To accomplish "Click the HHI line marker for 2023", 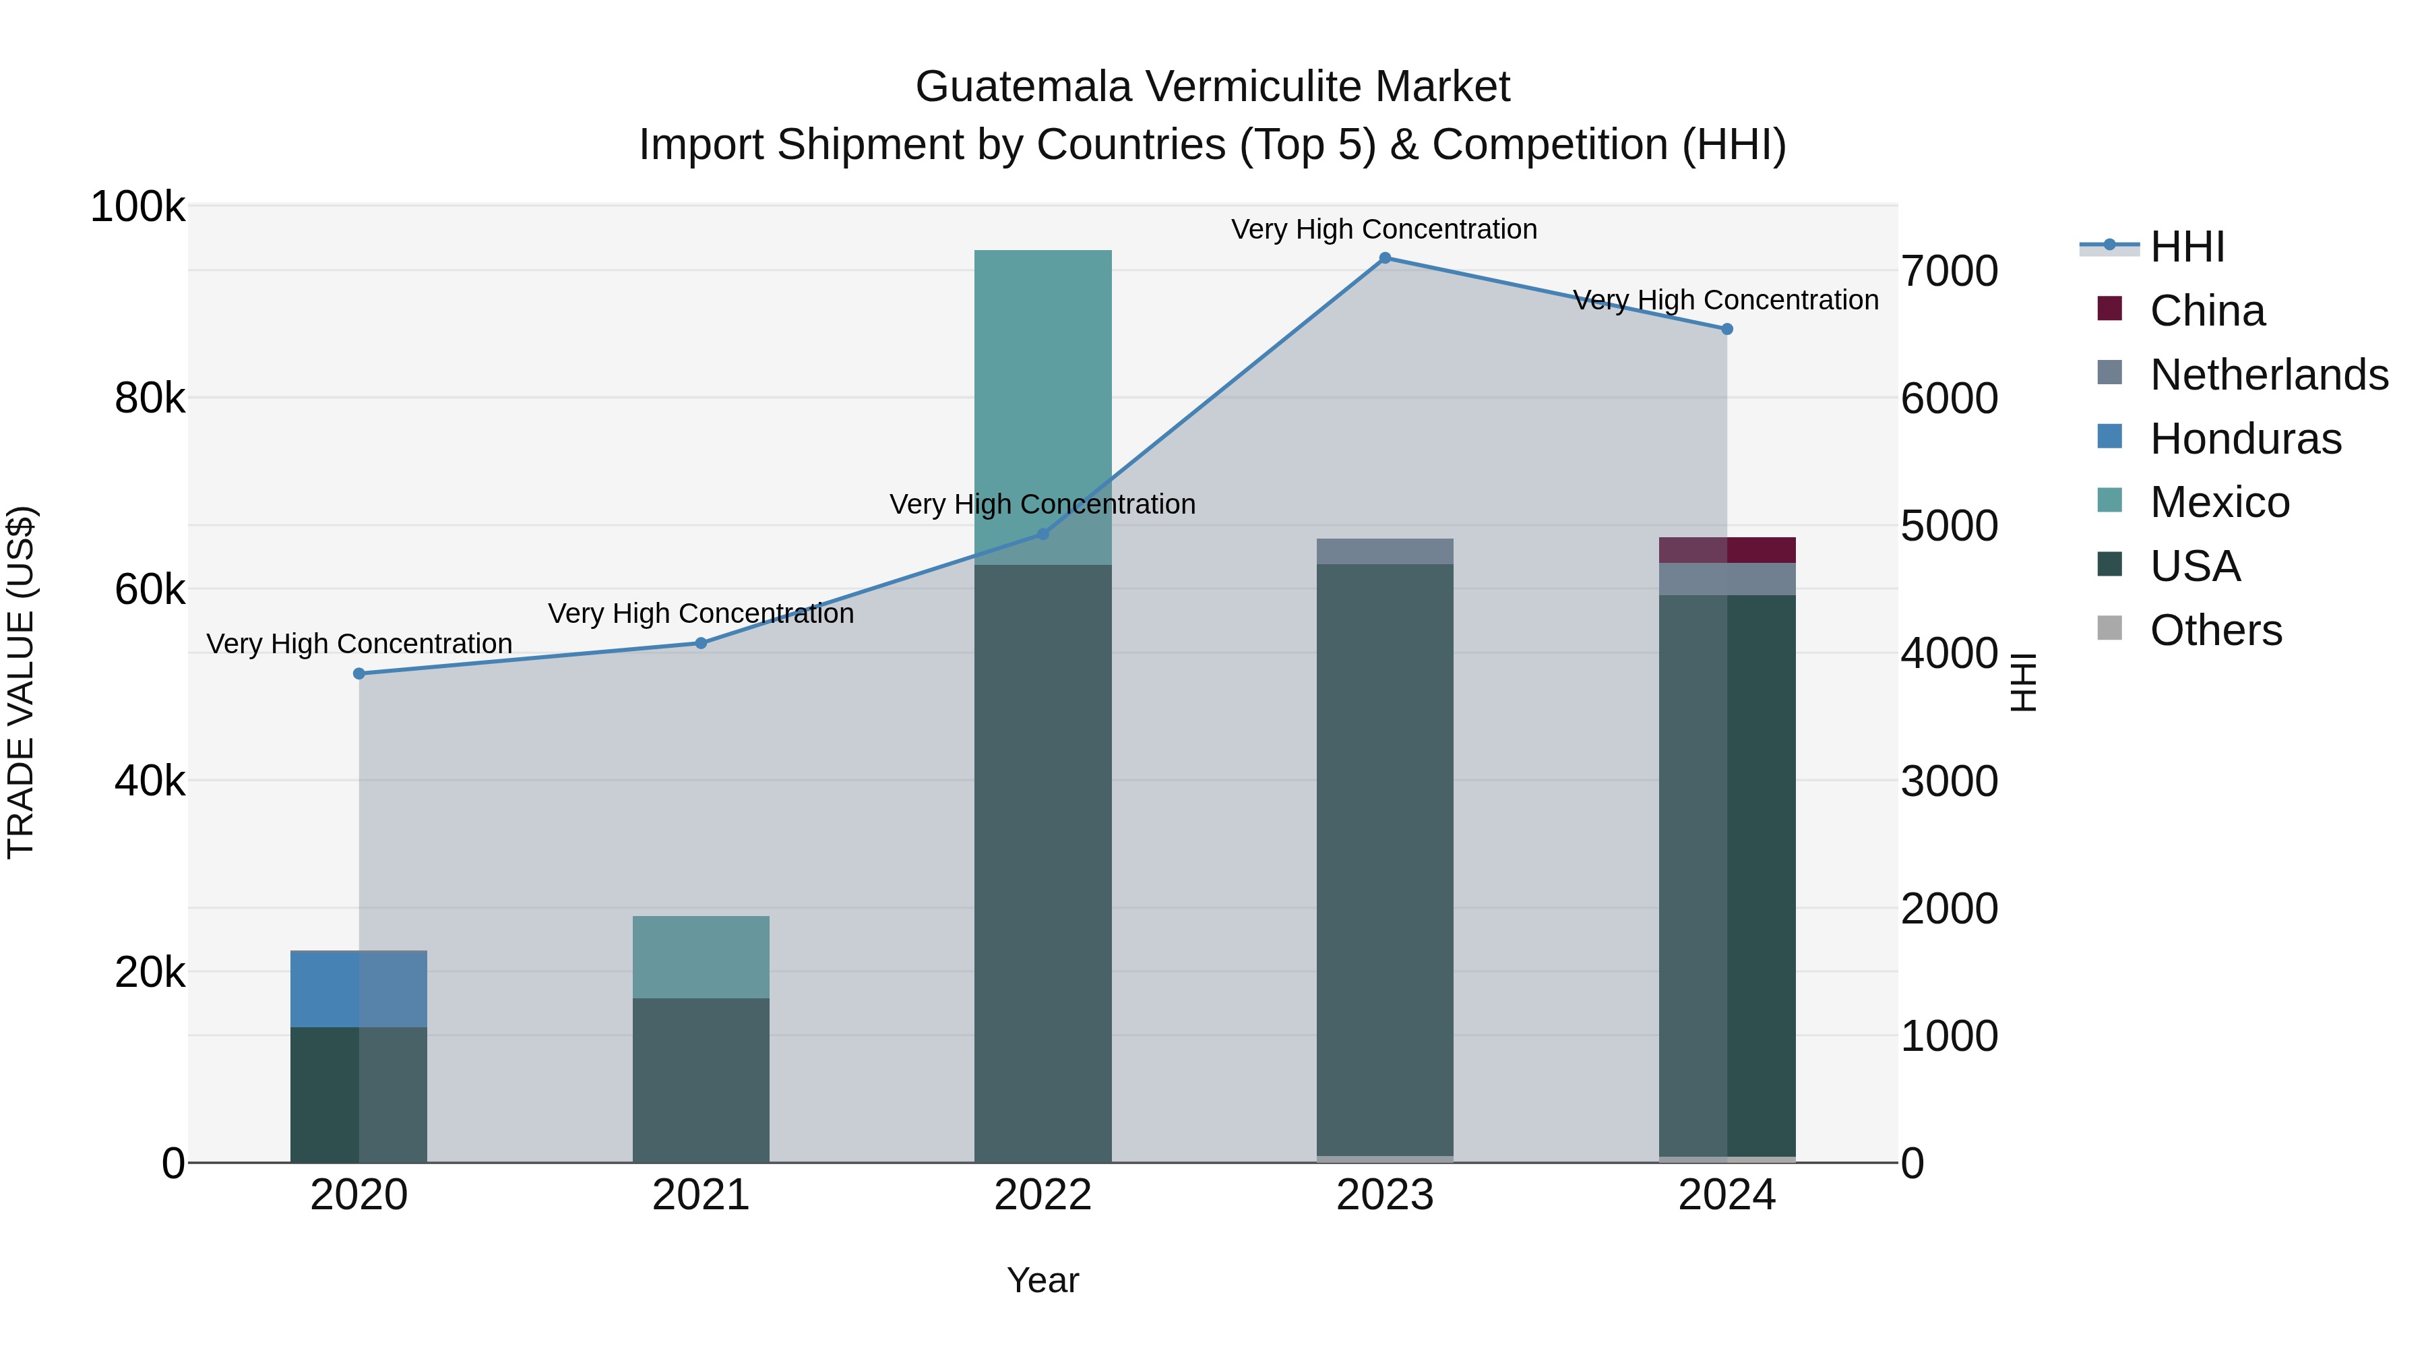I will click(1384, 258).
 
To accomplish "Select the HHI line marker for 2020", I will click(359, 673).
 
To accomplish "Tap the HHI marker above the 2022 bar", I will click(1043, 534).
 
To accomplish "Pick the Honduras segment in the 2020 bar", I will click(359, 989).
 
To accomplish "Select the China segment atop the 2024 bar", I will click(1727, 550).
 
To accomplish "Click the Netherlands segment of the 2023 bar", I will click(1384, 552).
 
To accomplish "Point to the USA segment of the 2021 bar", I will click(701, 1080).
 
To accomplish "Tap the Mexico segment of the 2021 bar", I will click(701, 957).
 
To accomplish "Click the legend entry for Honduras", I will click(2245, 439).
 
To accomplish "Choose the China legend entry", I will click(2206, 311).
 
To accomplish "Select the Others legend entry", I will click(2215, 630).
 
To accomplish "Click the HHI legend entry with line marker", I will click(2187, 247).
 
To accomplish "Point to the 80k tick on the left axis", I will click(149, 398).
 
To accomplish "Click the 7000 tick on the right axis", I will click(1948, 271).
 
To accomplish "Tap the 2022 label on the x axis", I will click(1043, 1195).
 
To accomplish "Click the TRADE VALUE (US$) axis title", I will click(21, 682).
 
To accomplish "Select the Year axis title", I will click(1043, 1280).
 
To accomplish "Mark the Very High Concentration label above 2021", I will click(701, 613).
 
